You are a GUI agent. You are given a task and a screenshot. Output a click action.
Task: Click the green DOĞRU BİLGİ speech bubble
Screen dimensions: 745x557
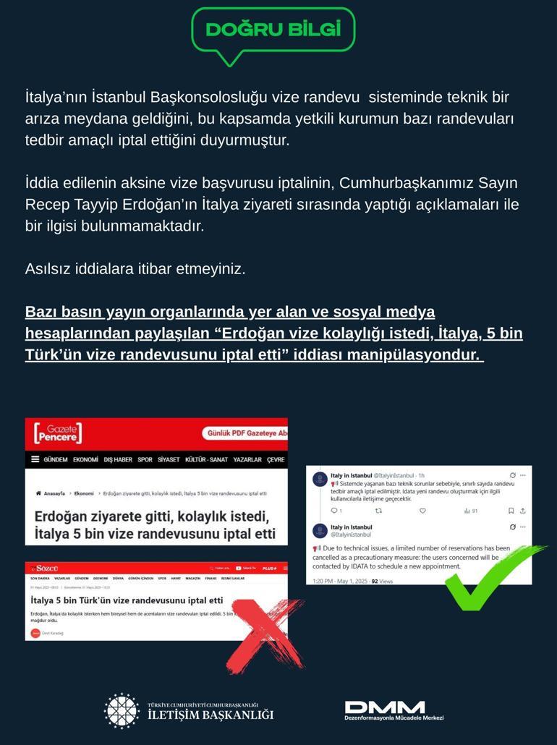point(273,30)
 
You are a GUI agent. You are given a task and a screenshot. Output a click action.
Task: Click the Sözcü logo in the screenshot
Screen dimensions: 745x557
point(46,569)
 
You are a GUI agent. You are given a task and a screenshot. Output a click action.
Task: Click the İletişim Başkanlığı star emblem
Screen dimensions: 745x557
point(122,710)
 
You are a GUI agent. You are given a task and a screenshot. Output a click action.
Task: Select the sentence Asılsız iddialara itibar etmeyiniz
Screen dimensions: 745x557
point(135,269)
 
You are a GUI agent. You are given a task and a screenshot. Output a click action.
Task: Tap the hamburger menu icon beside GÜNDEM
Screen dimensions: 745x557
point(35,459)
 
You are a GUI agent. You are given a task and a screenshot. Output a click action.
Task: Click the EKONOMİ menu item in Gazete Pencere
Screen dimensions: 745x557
point(85,460)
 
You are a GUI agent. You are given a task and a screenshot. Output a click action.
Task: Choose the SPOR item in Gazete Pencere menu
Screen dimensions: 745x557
point(145,460)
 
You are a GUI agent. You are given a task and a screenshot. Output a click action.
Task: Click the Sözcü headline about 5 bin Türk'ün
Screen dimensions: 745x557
point(127,601)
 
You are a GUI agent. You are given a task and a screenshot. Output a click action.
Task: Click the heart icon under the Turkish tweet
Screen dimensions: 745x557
point(422,511)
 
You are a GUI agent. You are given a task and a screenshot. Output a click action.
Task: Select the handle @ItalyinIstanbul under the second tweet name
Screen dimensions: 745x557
point(351,535)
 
